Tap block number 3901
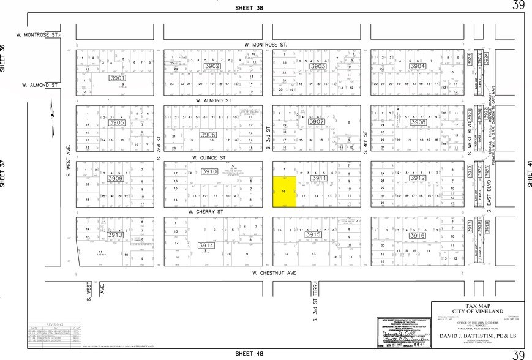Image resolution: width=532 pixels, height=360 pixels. pos(117,78)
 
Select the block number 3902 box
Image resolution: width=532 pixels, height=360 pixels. pos(212,66)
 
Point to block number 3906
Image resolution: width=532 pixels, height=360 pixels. pos(208,135)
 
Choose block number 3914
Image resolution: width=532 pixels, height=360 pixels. pos(207,245)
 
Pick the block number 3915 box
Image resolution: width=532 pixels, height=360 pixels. pos(313,234)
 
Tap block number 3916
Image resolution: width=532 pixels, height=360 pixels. pos(418,235)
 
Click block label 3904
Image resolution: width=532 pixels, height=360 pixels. pos(418,66)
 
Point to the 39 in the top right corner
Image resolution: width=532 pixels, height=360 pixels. pos(519,6)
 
